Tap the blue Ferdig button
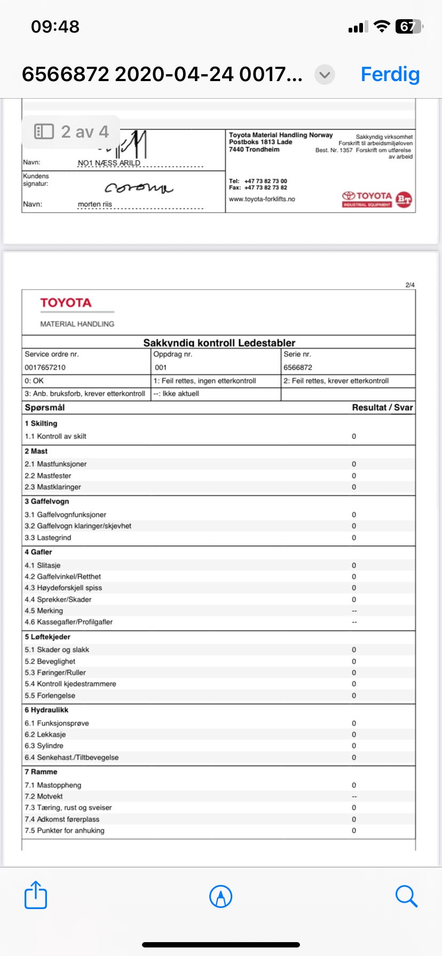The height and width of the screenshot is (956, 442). click(x=390, y=74)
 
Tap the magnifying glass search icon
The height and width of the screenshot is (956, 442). click(x=406, y=896)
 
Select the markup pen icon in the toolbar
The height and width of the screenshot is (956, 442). click(x=221, y=896)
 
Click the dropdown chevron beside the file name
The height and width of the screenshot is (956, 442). click(x=325, y=75)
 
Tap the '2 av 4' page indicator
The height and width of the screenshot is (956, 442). click(x=72, y=131)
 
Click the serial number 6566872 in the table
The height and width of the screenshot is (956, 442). click(x=298, y=368)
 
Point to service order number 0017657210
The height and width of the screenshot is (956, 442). click(x=45, y=368)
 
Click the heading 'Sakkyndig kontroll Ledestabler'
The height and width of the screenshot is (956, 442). click(x=219, y=342)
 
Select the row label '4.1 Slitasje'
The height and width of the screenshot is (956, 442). click(x=43, y=565)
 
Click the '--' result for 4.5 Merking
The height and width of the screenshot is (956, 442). click(x=354, y=611)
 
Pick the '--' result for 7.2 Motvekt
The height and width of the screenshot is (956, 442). click(x=354, y=796)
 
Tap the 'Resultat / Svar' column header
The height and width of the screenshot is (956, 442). click(x=382, y=408)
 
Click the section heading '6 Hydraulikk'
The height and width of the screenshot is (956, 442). click(x=46, y=710)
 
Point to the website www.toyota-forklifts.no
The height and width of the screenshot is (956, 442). click(x=262, y=199)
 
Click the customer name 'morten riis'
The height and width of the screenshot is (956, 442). click(x=95, y=204)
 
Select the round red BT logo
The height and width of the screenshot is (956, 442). click(x=404, y=199)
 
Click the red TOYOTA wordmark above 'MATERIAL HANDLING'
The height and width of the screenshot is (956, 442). click(x=66, y=303)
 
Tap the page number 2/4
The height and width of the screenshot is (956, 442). click(x=410, y=285)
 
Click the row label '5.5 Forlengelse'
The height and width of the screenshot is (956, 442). click(x=50, y=696)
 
